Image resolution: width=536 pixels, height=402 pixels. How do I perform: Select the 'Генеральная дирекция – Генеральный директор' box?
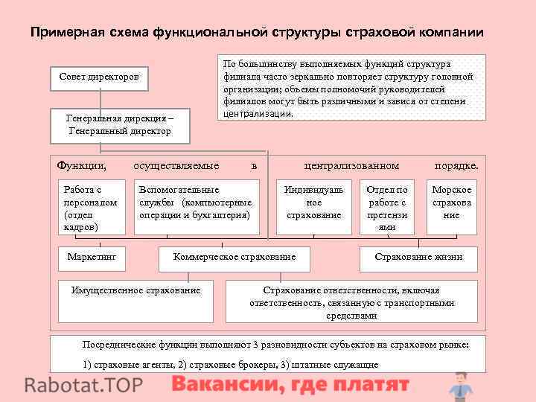click(x=119, y=124)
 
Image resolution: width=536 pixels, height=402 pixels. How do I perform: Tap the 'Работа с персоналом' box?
click(x=90, y=208)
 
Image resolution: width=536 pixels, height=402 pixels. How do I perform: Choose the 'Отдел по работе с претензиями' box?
click(x=387, y=208)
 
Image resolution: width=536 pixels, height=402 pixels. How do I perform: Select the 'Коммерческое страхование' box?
click(x=234, y=258)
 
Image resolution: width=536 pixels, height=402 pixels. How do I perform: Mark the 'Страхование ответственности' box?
click(x=351, y=301)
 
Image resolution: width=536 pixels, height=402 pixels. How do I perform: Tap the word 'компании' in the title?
click(x=451, y=33)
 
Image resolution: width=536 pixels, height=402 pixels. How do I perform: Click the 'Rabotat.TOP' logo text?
click(x=84, y=386)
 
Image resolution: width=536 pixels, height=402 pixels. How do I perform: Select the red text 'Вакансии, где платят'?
click(x=290, y=385)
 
